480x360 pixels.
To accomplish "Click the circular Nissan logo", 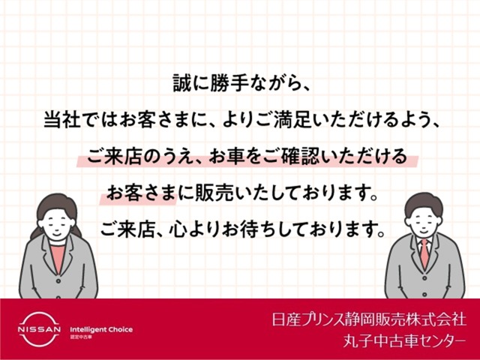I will pos(37,329).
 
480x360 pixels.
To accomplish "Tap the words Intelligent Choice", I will pos(100,328).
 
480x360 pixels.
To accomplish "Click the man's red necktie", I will pos(424,253).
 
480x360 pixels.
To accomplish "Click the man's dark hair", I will pos(424,201).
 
